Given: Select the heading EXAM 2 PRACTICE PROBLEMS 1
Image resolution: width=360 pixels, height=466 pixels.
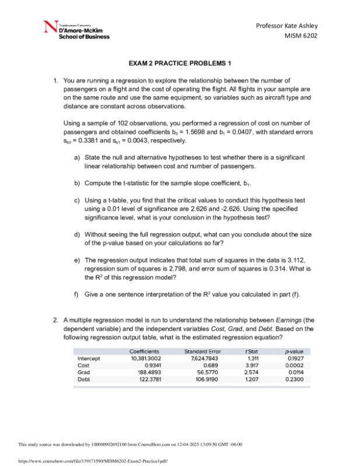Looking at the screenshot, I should [180, 63].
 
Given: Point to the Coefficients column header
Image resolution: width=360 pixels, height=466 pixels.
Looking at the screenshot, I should [144, 351].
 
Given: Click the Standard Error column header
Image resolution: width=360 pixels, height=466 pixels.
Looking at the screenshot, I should [202, 351].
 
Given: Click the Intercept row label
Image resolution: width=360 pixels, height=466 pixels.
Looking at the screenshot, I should [88, 358].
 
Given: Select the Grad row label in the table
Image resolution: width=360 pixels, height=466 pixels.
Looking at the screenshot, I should [83, 372].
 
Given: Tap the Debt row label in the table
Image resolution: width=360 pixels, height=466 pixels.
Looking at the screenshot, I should [83, 379].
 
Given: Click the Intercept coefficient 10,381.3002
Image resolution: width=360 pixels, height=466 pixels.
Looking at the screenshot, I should [145, 358].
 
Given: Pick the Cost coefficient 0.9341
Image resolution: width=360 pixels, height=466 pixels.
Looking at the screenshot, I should [153, 365].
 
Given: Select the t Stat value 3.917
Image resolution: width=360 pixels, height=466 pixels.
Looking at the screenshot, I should [252, 365].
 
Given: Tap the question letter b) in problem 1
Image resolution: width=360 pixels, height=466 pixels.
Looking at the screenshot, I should [77, 183].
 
